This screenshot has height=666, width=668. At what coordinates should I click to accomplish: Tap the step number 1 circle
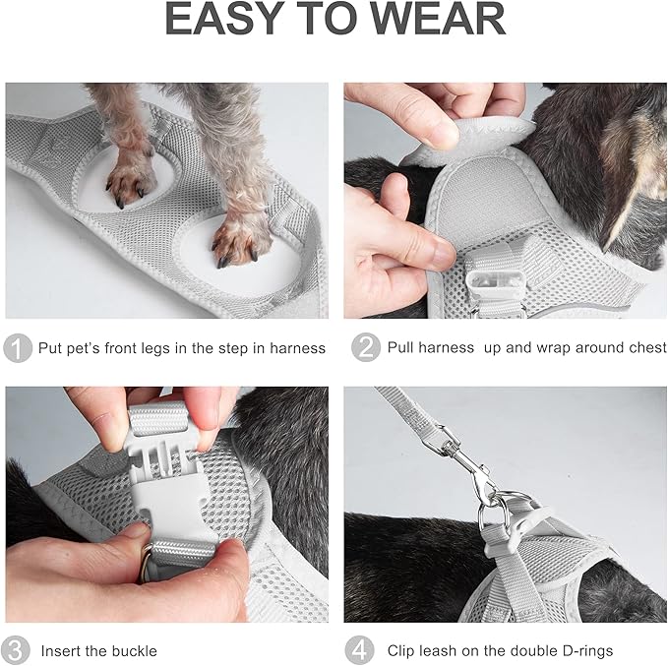(18, 348)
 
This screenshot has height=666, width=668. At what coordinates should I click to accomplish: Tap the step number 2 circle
(364, 348)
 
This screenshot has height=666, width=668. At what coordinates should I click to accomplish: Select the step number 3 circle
(18, 650)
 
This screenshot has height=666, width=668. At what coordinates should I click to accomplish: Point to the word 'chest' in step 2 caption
(645, 348)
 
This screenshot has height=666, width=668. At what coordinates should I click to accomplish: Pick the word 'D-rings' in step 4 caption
(583, 651)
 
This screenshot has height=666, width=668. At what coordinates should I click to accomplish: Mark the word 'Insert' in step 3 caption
(60, 651)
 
